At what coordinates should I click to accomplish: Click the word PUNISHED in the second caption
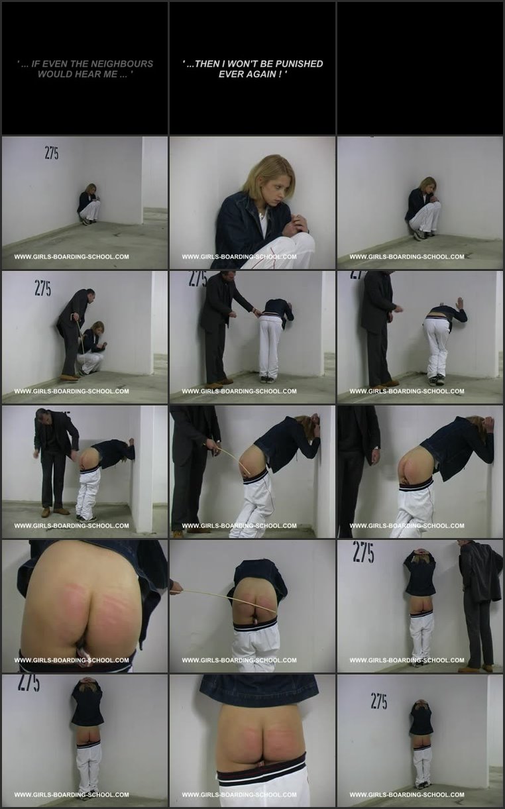[300, 64]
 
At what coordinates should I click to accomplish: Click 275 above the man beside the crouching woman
[42, 288]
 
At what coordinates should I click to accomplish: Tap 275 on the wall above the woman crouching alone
[52, 154]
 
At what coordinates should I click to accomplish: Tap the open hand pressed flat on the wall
[460, 303]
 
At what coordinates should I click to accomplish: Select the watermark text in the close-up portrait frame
[239, 257]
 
